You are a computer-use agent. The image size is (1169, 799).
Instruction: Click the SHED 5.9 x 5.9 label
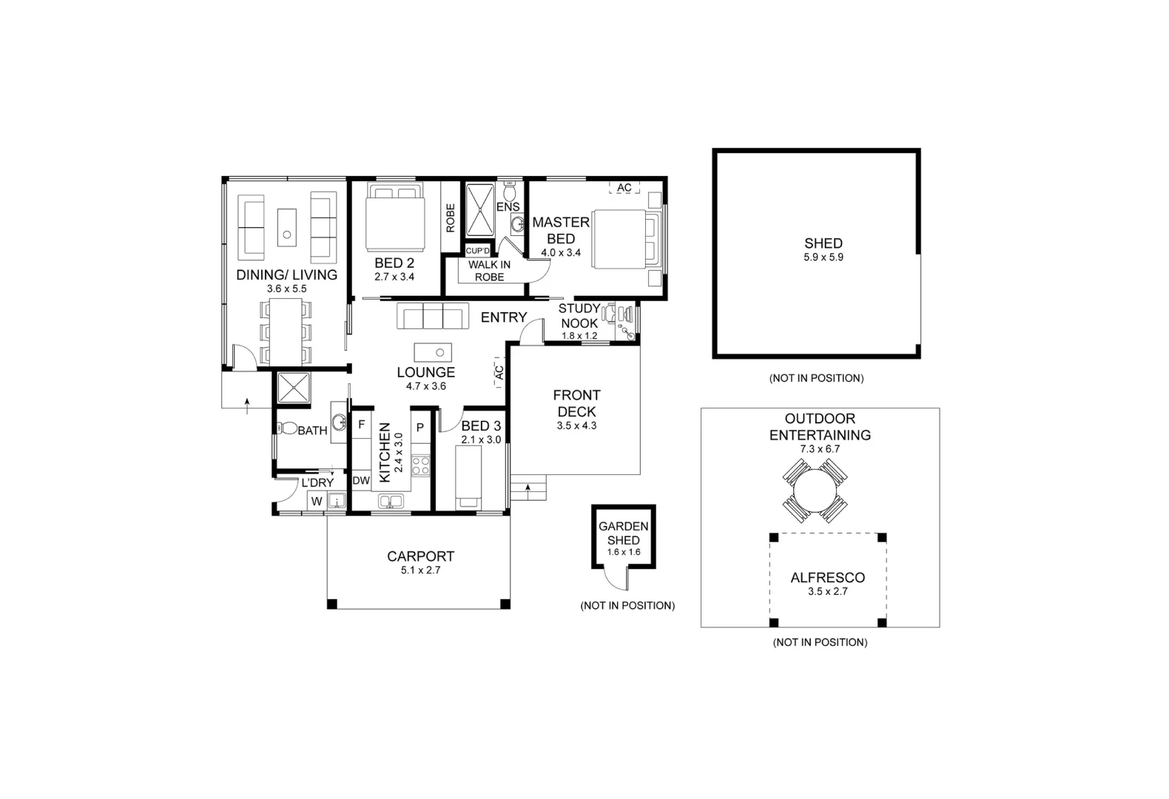tap(823, 249)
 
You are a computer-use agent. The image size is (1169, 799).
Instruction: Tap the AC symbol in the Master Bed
tap(624, 188)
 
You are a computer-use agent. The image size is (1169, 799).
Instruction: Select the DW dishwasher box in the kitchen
tap(361, 481)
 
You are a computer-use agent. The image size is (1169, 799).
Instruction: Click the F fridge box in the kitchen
tap(362, 425)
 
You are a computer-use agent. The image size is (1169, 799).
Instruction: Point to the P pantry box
tap(420, 428)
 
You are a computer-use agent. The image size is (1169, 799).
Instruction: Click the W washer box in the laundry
tap(317, 502)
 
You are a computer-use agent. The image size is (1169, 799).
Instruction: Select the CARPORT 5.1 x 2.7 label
tap(420, 562)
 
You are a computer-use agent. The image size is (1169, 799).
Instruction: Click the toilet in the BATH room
tap(286, 429)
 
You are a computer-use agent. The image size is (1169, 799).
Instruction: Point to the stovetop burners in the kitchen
tap(420, 465)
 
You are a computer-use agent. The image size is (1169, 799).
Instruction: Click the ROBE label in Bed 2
tap(450, 218)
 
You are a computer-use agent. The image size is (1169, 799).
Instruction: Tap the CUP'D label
tap(477, 251)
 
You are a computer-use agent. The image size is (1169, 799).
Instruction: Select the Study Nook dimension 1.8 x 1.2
tap(579, 336)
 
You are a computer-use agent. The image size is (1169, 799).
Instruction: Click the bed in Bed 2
tap(395, 218)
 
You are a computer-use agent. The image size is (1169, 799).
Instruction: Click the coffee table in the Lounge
tap(433, 351)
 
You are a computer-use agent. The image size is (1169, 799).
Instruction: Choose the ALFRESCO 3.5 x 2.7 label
tap(827, 584)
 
